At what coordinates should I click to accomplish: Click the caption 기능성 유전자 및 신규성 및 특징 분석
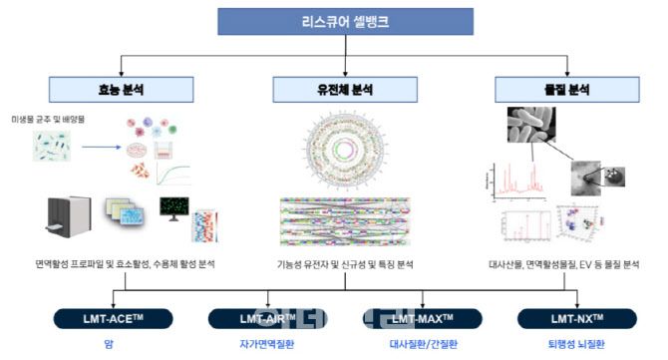343,264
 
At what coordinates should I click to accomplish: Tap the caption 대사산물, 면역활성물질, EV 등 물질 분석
563,264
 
